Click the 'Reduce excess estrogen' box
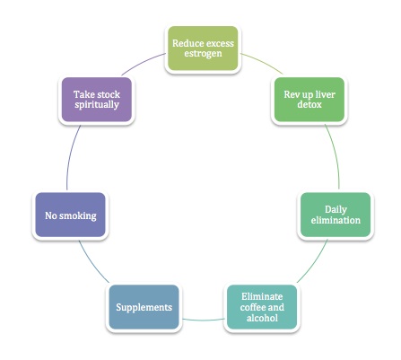[x=203, y=48]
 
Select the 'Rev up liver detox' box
[x=309, y=100]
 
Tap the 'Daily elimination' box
[x=336, y=215]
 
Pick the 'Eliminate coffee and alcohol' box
[x=262, y=307]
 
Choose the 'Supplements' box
[x=144, y=307]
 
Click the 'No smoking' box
[x=70, y=215]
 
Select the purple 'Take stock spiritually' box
[x=97, y=100]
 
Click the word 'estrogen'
[x=203, y=54]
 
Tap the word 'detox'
[x=309, y=104]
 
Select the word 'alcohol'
[x=262, y=318]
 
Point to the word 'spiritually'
[x=97, y=105]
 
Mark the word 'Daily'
[x=336, y=210]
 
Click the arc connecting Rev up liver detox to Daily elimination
[x=336, y=155]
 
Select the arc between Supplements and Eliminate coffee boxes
[x=203, y=320]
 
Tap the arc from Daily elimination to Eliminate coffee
[x=315, y=263]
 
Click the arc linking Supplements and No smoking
[x=92, y=263]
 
